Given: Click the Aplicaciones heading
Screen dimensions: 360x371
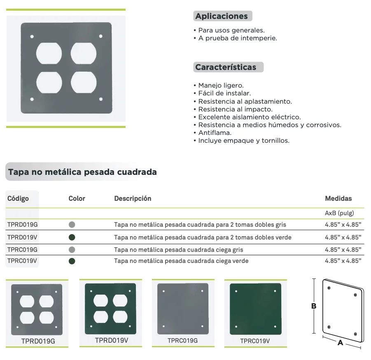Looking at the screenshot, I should coord(222,16).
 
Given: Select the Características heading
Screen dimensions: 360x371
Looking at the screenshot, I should coord(226,67).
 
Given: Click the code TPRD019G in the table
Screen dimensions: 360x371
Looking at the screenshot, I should coord(23,225).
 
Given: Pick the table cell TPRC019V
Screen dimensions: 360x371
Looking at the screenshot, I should coord(23,261).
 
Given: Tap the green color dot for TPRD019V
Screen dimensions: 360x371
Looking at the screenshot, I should coord(72,237).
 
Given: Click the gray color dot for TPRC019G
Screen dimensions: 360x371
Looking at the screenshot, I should coord(72,249).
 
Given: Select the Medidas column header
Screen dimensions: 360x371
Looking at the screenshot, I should coord(338,198).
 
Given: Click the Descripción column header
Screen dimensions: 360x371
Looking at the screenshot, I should coord(133,198).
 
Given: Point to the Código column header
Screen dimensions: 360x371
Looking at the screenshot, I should coord(18,198).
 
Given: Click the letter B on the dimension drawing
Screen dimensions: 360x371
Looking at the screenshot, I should coord(313,306).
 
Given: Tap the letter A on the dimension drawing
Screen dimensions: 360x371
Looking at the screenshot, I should coord(340,343).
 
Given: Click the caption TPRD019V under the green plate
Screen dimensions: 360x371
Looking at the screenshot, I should coord(111,340).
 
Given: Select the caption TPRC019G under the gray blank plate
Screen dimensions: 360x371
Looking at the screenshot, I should coord(183,340).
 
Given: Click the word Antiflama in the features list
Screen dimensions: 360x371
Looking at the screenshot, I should coord(215,133).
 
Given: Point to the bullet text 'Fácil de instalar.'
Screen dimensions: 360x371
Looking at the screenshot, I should coord(224,93).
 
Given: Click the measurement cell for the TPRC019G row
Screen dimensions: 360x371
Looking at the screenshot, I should coord(343,249).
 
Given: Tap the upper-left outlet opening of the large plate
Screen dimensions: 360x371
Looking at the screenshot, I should coord(49,53).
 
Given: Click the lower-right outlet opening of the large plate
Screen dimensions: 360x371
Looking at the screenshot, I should coord(84,82).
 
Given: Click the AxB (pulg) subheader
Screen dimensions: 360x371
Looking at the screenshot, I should coord(339,213).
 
